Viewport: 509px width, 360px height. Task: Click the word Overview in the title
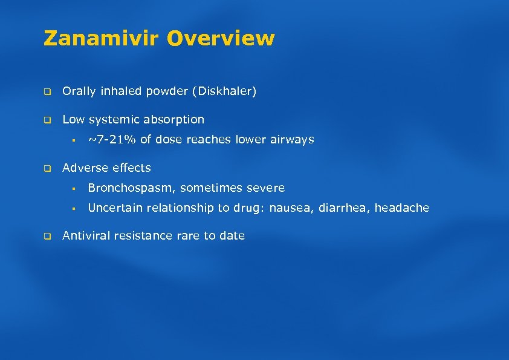[221, 39]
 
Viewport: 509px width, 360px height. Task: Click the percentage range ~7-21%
[112, 140]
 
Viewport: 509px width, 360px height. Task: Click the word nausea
[288, 208]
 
